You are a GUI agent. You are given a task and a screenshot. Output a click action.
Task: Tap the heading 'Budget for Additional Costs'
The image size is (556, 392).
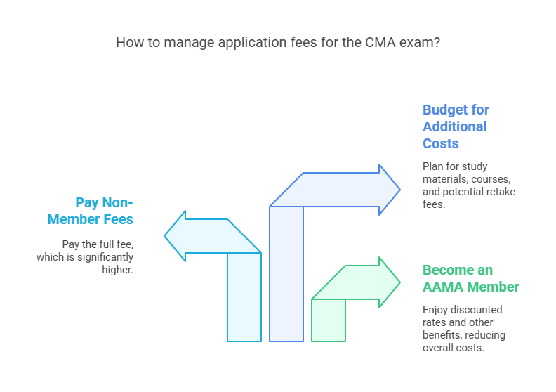[x=456, y=126]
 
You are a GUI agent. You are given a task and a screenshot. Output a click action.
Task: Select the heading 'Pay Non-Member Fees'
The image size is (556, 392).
[x=91, y=211]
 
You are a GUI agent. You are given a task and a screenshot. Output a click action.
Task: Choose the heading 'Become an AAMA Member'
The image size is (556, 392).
[x=471, y=278]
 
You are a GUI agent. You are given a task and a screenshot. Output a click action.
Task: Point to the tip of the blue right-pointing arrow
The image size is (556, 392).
[x=399, y=190]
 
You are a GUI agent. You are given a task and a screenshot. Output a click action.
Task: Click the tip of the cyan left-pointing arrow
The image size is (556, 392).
[x=166, y=235]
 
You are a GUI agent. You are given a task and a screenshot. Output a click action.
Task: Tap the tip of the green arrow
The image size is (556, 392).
[x=399, y=282]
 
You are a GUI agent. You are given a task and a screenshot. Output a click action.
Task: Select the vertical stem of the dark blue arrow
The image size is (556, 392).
[x=286, y=274]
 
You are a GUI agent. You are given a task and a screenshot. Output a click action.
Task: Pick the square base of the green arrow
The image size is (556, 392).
[x=329, y=320]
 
